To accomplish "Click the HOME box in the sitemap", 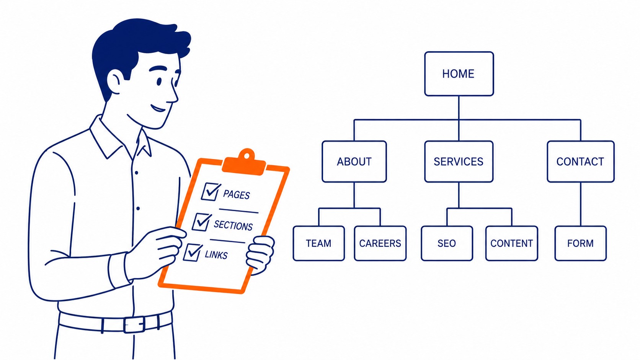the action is (459, 74).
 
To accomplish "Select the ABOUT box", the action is (354, 161).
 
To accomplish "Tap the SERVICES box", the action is (459, 161).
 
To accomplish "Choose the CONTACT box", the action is (581, 161).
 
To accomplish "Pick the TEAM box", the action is (319, 243).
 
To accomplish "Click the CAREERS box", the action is (380, 243).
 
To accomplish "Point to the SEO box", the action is (447, 243).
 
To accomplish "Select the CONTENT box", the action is (512, 243).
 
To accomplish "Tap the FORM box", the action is (581, 243).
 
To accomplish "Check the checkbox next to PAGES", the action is (211, 192).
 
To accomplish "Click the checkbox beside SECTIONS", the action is (202, 222).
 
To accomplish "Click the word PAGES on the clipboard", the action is (237, 195).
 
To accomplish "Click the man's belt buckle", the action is (134, 324).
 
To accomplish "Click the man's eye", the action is (159, 81).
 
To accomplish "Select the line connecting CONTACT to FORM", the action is (581, 204).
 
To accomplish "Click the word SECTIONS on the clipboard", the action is (233, 226).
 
